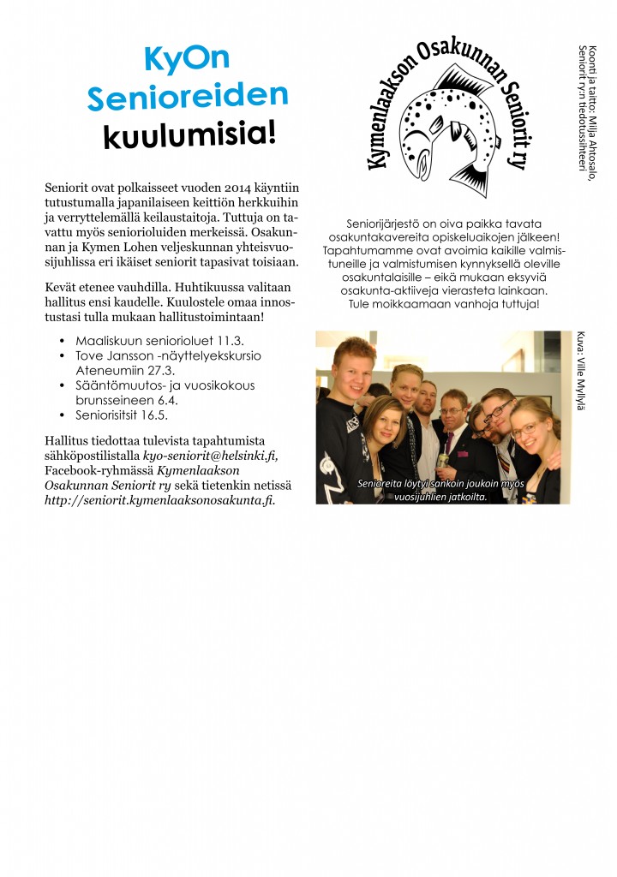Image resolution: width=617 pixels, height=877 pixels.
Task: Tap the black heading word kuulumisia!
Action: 189,134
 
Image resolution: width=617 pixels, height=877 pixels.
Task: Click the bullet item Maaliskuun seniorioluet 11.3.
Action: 147,340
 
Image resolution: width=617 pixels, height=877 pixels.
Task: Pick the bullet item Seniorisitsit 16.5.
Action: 121,415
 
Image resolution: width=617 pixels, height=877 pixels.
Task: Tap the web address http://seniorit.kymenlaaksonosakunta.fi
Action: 159,501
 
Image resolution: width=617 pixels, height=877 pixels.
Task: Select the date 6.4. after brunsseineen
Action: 167,400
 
